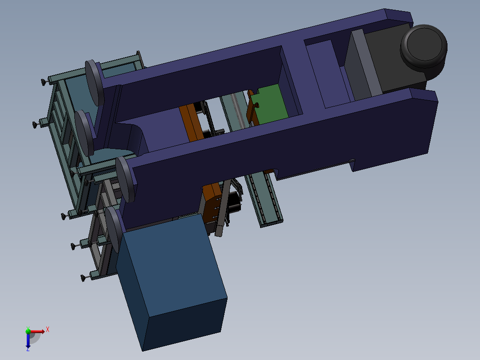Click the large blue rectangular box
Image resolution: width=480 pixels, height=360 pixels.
[171, 282]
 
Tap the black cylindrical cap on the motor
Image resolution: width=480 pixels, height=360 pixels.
[424, 48]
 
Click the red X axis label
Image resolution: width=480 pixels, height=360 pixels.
[48, 330]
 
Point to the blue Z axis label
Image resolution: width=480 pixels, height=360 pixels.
[28, 349]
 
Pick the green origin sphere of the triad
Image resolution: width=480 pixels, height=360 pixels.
[28, 331]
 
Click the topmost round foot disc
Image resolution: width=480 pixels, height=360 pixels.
[94, 83]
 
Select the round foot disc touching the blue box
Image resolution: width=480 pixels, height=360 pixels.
[114, 230]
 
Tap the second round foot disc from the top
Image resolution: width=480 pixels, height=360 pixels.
[84, 133]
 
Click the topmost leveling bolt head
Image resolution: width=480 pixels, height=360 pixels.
[43, 82]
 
